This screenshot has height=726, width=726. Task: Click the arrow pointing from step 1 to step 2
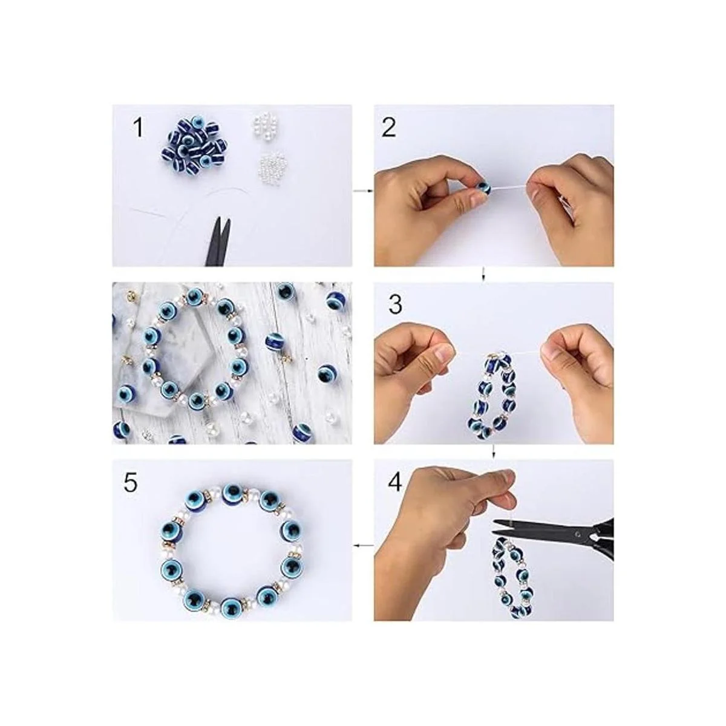tap(363, 191)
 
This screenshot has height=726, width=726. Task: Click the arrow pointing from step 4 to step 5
tap(364, 544)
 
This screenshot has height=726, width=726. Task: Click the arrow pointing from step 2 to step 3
tap(484, 274)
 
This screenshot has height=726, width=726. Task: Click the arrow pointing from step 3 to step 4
tap(494, 451)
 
